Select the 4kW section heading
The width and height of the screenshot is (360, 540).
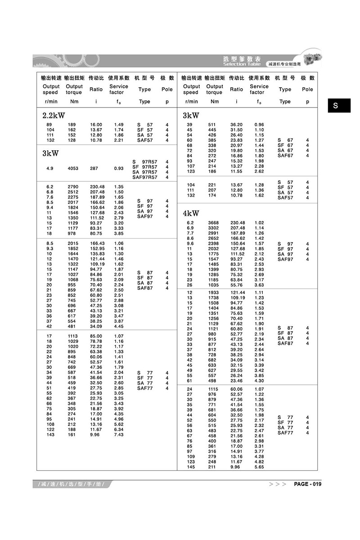[x=191, y=213]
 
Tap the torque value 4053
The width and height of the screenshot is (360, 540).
[x=73, y=168]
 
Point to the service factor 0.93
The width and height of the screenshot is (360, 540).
[x=119, y=168]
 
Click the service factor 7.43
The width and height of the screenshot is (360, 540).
[x=119, y=435]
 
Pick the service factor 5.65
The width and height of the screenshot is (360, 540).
[x=259, y=467]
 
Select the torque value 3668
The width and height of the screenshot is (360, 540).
[x=213, y=223]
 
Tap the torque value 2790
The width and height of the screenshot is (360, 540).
[x=73, y=186]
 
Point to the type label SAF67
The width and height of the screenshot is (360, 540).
[x=285, y=156]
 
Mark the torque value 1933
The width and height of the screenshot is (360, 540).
[x=213, y=292]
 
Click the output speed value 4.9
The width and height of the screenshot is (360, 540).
[x=49, y=168]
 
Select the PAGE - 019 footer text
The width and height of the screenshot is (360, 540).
[x=307, y=484]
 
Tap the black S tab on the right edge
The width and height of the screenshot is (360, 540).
[x=336, y=106]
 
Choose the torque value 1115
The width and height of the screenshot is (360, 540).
[x=213, y=389]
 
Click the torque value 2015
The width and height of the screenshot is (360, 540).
[x=73, y=243]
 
